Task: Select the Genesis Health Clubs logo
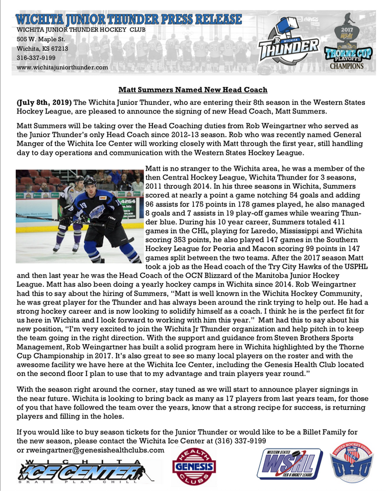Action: [x=194, y=466]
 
